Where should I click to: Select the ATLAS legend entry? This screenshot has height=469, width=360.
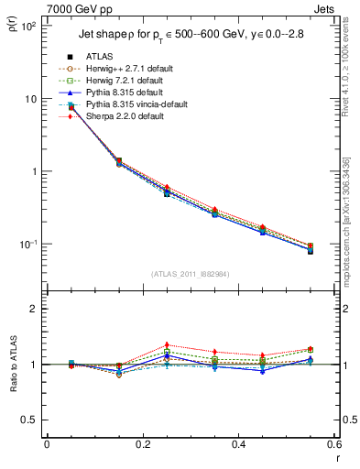(x=101, y=57)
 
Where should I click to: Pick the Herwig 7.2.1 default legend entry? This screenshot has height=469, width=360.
(x=124, y=81)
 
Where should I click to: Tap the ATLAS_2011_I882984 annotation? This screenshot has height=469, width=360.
(x=190, y=274)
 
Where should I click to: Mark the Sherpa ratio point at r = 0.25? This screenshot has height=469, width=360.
(x=167, y=344)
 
